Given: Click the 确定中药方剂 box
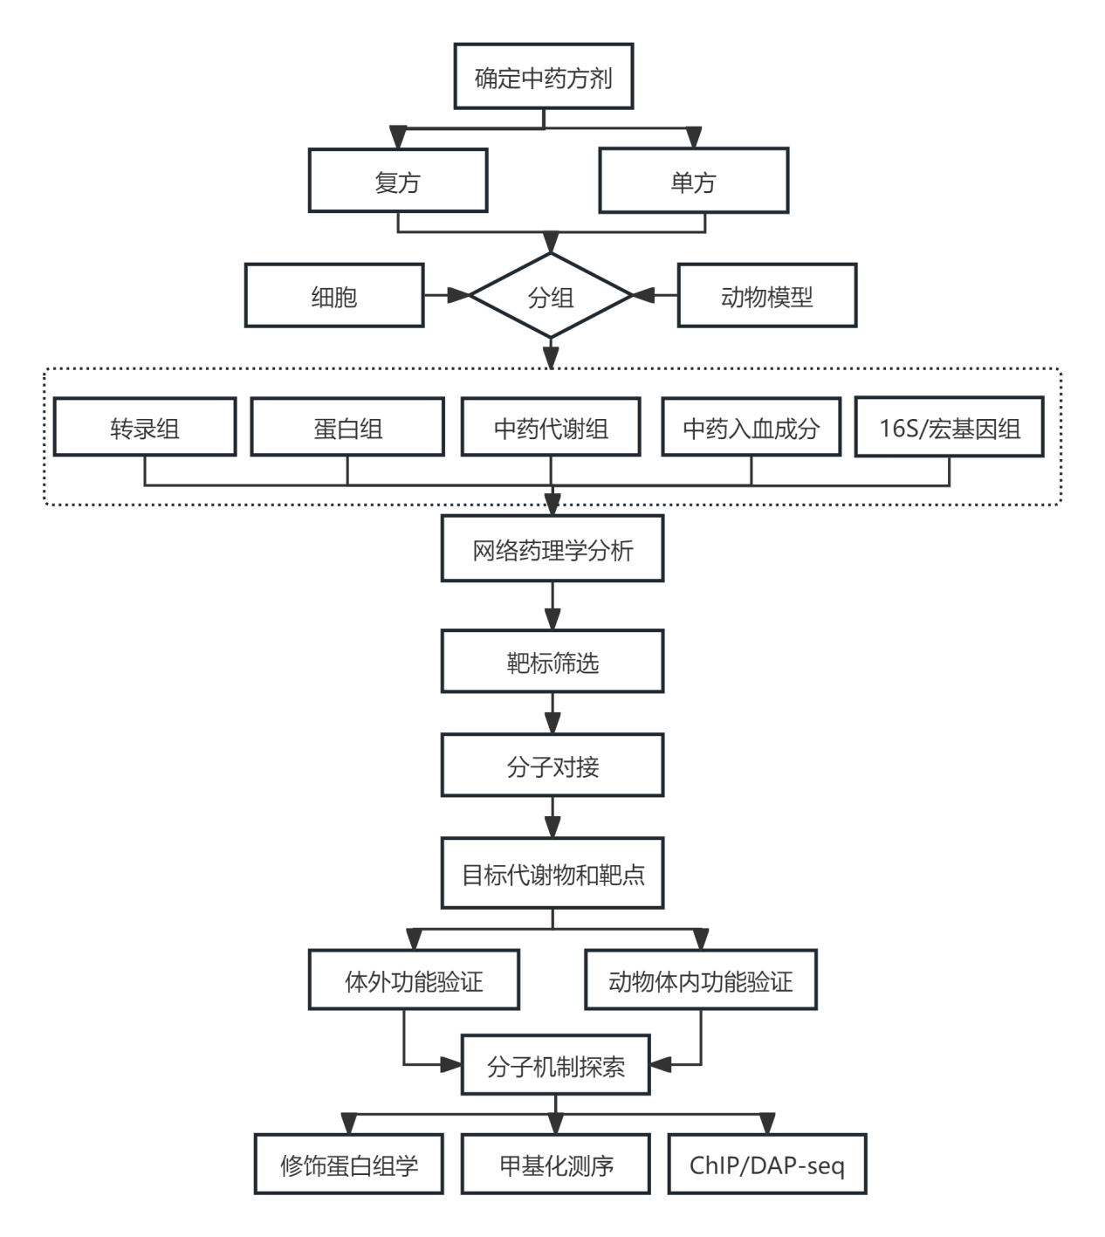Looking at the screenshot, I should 543,78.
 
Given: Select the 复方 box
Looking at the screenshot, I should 397,182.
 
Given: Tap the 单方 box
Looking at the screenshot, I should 693,182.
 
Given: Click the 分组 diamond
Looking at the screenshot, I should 550,297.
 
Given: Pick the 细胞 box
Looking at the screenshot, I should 334,296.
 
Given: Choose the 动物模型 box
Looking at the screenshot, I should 766,296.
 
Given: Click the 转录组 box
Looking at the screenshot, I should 145,428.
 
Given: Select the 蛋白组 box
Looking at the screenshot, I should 347,428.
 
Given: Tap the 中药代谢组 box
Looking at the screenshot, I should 550,428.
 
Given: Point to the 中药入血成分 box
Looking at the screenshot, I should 751,428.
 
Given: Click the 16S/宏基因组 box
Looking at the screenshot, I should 949,428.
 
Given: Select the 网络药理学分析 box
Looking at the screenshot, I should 552,549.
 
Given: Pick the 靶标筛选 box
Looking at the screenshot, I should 552,662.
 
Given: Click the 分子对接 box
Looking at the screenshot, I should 552,766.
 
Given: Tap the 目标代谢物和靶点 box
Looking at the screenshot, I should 552,873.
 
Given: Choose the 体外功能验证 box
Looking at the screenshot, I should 414,980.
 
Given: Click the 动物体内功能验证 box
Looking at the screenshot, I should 701,980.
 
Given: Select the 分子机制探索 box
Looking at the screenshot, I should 555,1065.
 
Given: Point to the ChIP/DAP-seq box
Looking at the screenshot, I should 766,1164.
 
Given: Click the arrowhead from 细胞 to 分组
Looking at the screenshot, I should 459,296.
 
